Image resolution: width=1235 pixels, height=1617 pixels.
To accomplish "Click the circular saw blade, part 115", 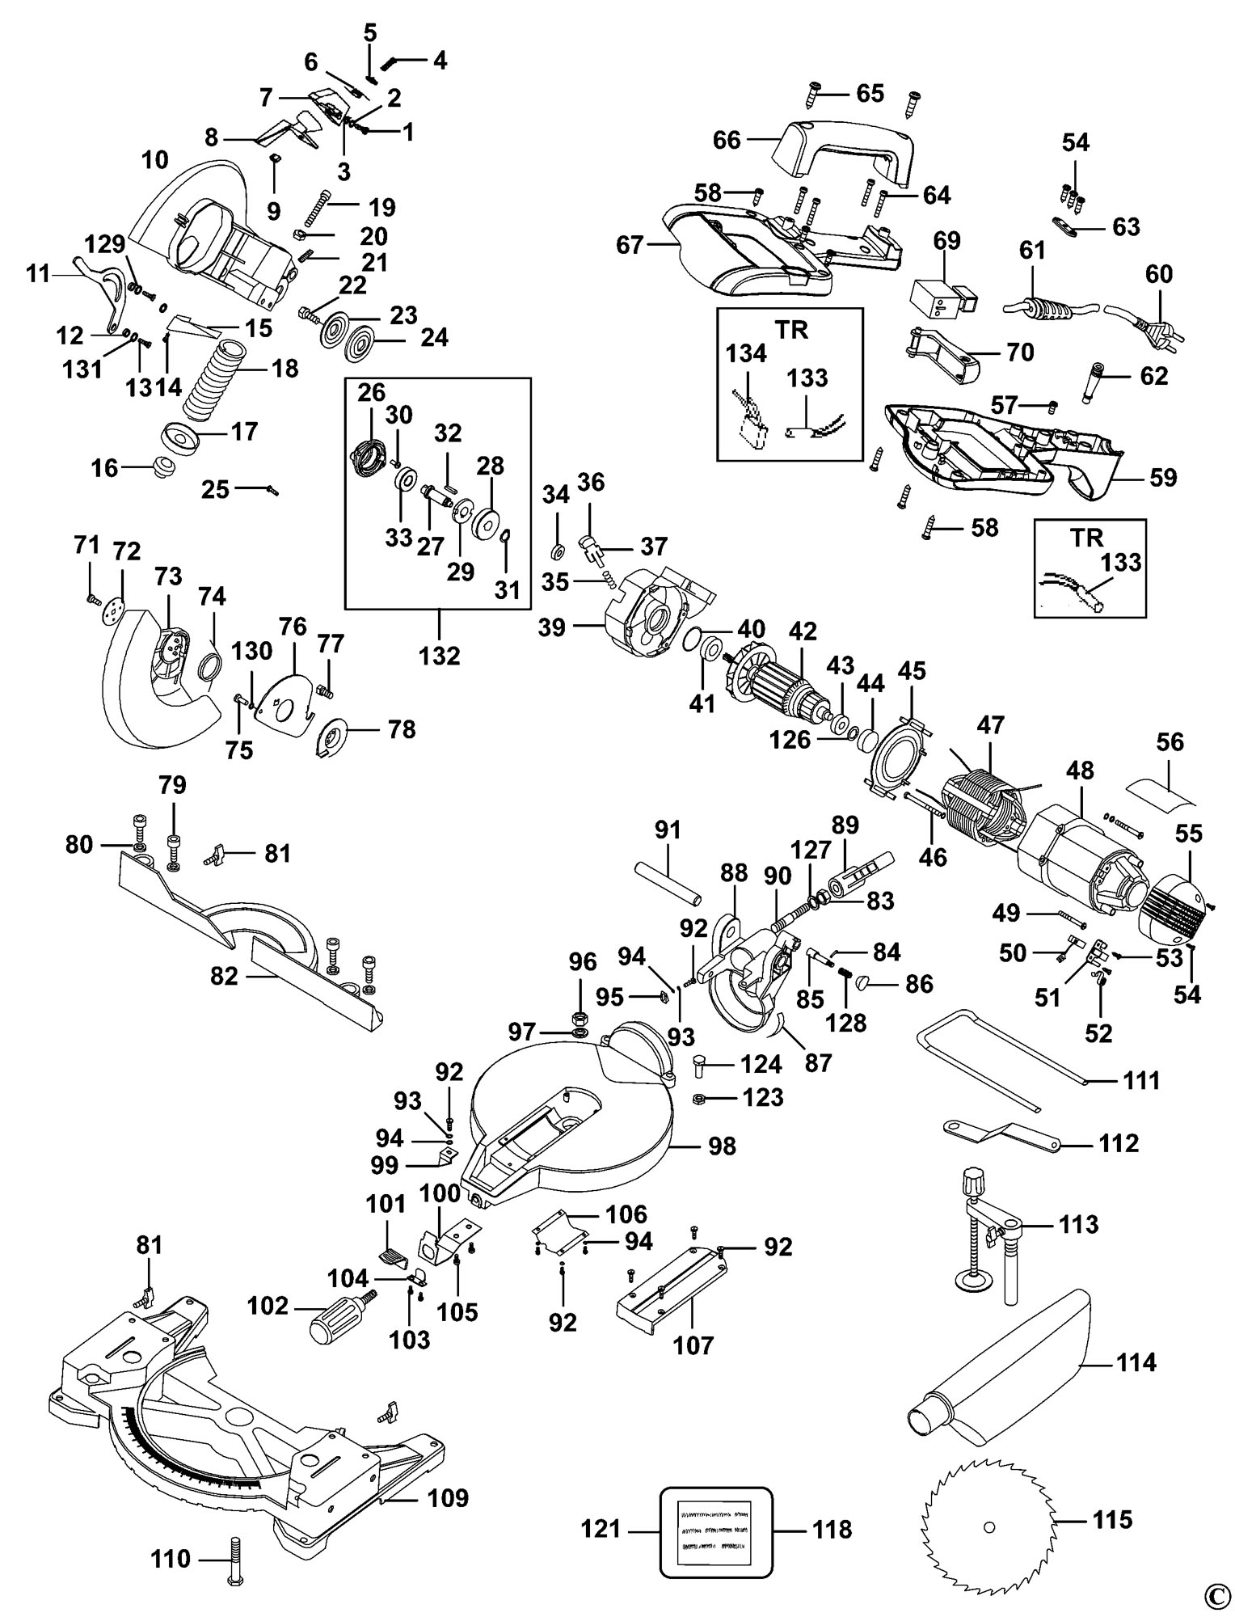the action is click(x=989, y=1526).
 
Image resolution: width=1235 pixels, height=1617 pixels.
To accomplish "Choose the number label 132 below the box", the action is click(x=440, y=654).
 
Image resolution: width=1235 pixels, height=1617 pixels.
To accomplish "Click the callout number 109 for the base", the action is click(x=447, y=1497).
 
